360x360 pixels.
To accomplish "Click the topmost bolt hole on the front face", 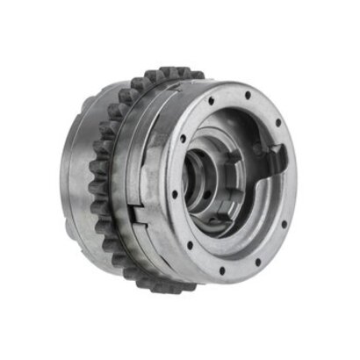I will point(248,95).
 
